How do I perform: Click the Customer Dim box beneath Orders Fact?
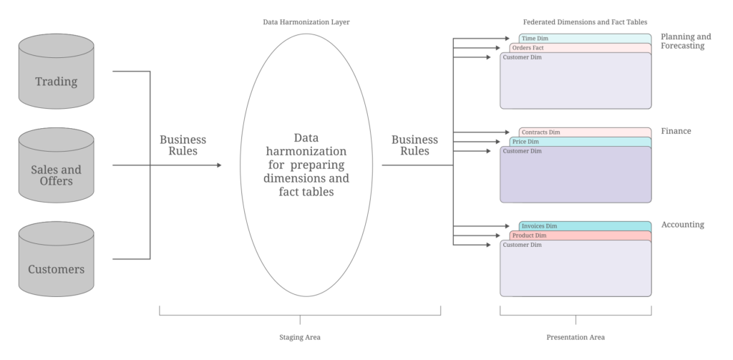pyautogui.click(x=576, y=82)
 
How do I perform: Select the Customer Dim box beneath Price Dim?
pyautogui.click(x=576, y=176)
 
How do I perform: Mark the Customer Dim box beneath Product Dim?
pyautogui.click(x=576, y=271)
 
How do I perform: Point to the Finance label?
pyautogui.click(x=676, y=132)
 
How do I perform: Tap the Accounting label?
pyautogui.click(x=682, y=225)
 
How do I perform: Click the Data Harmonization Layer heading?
pyautogui.click(x=306, y=22)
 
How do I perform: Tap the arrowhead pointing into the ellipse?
pyautogui.click(x=218, y=165)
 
